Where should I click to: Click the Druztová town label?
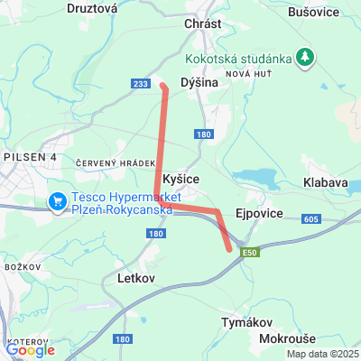point(92,8)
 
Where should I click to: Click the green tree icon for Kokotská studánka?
point(306,57)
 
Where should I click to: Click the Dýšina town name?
point(199,82)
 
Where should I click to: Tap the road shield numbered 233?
point(140,84)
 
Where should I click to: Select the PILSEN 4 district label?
point(29,156)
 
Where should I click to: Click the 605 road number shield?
point(311,218)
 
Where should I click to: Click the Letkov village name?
point(137,280)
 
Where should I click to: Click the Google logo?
point(30,350)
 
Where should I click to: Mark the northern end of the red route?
point(162,87)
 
